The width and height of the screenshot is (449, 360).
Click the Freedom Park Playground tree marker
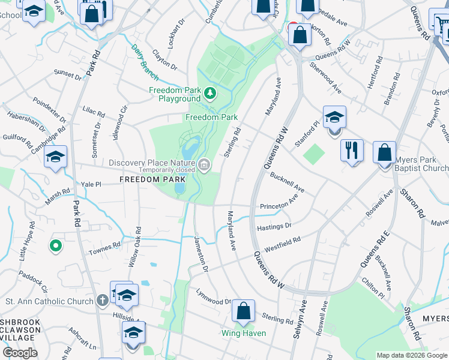click(x=209, y=93)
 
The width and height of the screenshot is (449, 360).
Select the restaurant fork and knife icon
click(x=352, y=149)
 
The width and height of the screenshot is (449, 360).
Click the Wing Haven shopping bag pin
click(x=243, y=311)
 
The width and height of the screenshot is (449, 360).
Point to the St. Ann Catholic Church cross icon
click(x=103, y=301)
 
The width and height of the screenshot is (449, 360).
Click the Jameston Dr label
click(x=200, y=256)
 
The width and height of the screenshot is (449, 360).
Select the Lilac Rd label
click(x=94, y=112)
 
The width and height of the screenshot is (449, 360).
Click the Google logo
click(x=20, y=353)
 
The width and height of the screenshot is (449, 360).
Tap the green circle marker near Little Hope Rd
click(x=56, y=245)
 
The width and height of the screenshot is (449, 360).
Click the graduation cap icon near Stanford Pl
click(x=334, y=117)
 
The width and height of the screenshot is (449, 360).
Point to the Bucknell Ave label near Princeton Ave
click(x=287, y=183)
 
